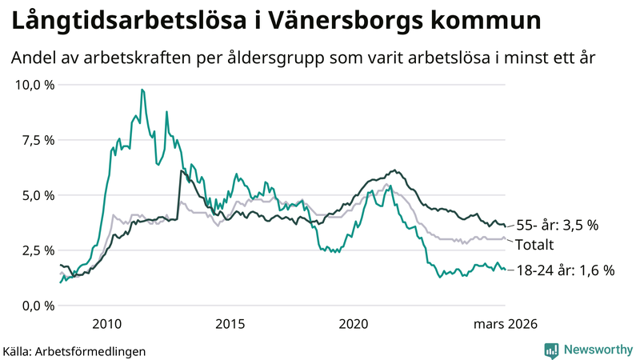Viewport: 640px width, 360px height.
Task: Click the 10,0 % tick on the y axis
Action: tap(35, 85)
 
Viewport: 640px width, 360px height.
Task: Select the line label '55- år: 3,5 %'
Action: tap(558, 225)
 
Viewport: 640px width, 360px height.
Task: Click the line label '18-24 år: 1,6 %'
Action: tap(565, 270)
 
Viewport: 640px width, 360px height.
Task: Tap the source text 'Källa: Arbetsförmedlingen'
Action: tap(74, 351)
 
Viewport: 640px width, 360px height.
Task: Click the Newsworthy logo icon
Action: tap(551, 350)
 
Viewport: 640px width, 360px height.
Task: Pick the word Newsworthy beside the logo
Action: tap(597, 350)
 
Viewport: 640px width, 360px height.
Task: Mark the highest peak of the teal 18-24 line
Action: tap(142, 90)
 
